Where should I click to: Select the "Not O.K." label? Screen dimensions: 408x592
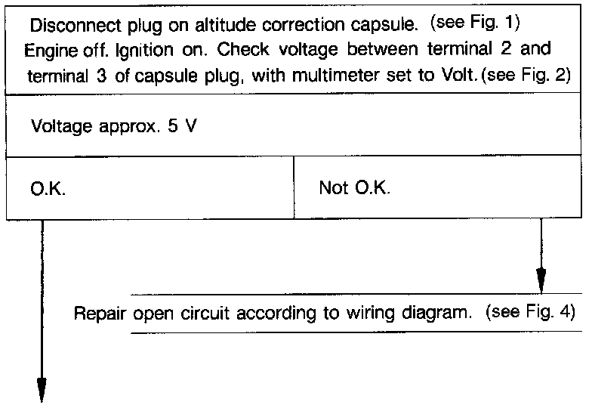(x=354, y=187)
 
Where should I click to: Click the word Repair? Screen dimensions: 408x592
(x=100, y=313)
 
